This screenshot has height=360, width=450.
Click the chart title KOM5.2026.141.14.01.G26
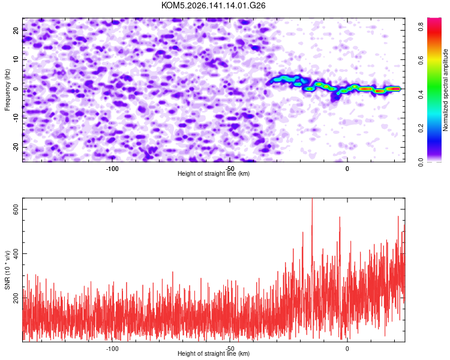[x=213, y=5]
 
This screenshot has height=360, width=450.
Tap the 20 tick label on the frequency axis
[x=16, y=31]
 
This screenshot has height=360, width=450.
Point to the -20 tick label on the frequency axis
[x=16, y=147]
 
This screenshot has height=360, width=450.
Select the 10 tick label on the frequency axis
[x=16, y=59]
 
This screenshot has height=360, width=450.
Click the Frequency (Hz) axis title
[x=7, y=90]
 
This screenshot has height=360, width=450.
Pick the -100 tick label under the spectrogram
[x=112, y=169]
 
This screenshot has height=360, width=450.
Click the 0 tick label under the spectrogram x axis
[x=347, y=169]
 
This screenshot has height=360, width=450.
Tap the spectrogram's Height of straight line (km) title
[x=214, y=173]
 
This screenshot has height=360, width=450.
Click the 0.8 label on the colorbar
[x=421, y=27]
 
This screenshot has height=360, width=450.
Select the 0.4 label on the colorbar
[x=421, y=94]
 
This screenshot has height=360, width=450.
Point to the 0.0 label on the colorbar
[x=421, y=162]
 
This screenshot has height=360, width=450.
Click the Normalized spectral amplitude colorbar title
[x=445, y=90]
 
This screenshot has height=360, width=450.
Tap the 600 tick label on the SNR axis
[x=16, y=209]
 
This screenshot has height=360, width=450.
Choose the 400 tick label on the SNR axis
[x=16, y=254]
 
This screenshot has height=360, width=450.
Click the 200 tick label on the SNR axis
[x=16, y=298]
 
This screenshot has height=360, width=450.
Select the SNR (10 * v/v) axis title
[x=7, y=270]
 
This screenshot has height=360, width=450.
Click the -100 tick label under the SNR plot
[x=112, y=349]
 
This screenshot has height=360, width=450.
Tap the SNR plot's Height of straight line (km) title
[x=214, y=353]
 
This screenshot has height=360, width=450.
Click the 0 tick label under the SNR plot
[x=347, y=349]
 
